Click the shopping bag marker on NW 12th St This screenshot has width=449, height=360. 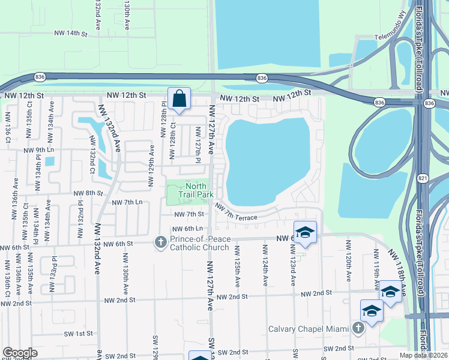click(x=179, y=99)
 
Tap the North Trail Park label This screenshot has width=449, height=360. click(x=196, y=190)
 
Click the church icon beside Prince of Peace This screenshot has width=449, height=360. click(x=160, y=242)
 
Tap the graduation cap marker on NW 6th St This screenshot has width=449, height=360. click(x=305, y=232)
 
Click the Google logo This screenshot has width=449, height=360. click(x=19, y=353)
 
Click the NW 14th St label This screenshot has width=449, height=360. click(x=71, y=34)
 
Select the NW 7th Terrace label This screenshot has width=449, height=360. click(x=237, y=212)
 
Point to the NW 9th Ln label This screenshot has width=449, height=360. click(x=38, y=150)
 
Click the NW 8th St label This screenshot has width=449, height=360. click(x=89, y=193)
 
